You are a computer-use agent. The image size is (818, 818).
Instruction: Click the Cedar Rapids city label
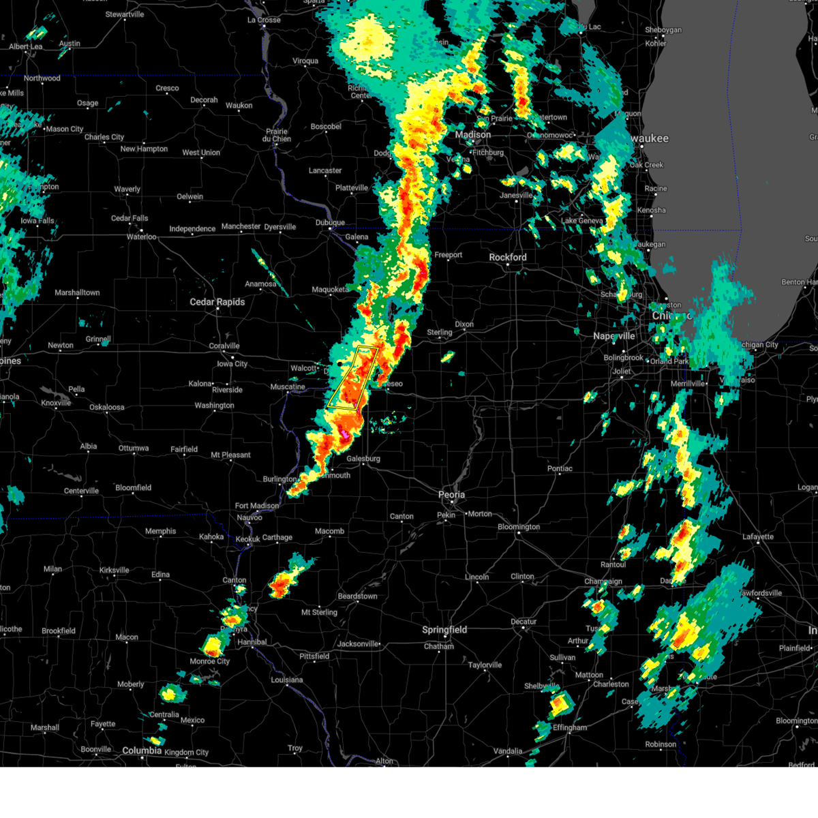pos(217,302)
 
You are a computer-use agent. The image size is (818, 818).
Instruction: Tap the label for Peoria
pos(451,495)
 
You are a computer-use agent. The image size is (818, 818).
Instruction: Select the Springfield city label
pos(444,630)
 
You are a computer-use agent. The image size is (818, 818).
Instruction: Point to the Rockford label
pos(508,257)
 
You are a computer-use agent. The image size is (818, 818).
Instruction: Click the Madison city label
pos(472,135)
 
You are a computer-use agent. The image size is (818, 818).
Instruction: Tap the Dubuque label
pos(330,223)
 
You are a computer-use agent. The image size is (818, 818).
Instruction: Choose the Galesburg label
pos(363,459)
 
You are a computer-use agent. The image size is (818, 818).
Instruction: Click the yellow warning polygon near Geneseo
pos(354,378)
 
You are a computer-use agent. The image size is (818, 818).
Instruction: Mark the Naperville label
pos(613,336)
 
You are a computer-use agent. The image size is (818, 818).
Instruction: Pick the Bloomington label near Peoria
pos(519,527)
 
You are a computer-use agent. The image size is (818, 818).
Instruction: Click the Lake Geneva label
pos(581,221)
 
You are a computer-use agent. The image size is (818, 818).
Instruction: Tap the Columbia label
pos(142,751)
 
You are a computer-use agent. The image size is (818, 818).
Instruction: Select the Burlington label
pos(279,479)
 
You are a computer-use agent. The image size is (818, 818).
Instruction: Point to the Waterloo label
pos(142,237)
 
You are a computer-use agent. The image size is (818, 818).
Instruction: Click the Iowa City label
pos(232,364)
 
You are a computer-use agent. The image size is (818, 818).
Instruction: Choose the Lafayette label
pos(758,537)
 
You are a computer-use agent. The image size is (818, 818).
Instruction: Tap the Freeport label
pos(449,255)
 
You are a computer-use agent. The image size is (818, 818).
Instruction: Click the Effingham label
pos(569,727)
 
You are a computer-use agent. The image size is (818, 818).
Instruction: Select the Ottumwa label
pos(134,448)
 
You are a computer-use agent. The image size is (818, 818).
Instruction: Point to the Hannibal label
pos(252,642)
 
